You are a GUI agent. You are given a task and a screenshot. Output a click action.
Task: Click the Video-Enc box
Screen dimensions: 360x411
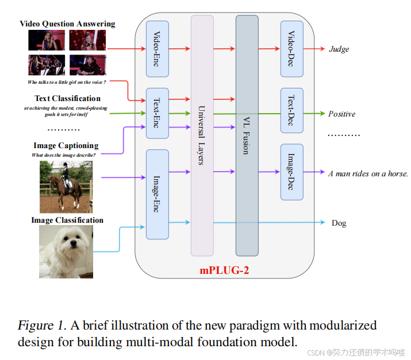157,49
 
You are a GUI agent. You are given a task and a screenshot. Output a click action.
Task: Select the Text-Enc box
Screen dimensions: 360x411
157,113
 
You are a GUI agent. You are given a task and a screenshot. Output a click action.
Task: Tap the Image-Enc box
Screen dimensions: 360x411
157,194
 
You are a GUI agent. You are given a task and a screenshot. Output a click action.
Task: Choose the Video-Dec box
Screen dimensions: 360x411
291,49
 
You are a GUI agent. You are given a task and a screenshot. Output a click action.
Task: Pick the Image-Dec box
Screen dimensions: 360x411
291,172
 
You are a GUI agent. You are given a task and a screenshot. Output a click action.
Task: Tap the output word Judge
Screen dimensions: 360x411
339,49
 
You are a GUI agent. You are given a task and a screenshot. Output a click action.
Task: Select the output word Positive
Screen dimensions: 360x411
341,114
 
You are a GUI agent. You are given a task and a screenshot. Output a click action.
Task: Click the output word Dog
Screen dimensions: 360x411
339,223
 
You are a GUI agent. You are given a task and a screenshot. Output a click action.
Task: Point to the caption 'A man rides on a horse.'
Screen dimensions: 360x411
368,173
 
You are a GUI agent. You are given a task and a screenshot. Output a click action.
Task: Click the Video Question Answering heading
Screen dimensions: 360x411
67,24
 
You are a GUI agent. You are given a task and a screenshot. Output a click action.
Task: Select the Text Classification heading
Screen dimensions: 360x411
67,98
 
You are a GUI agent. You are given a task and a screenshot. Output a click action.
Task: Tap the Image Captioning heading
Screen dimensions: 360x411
66,145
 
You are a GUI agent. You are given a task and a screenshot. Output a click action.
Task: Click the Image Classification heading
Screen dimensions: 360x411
67,220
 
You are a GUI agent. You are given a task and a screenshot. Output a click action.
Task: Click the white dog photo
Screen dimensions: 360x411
66,248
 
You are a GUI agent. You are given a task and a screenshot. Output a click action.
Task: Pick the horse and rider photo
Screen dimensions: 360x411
66,187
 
